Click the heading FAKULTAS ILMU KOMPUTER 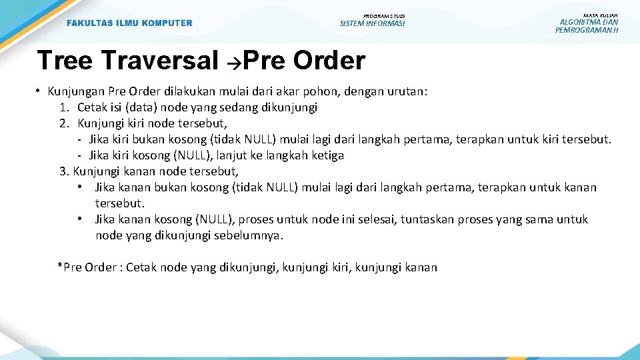129,23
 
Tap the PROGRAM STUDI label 383,15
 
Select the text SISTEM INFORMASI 372,24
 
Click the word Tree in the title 65,61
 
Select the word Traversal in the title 160,61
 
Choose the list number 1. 63,107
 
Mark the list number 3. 64,171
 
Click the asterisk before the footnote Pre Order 60,267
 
